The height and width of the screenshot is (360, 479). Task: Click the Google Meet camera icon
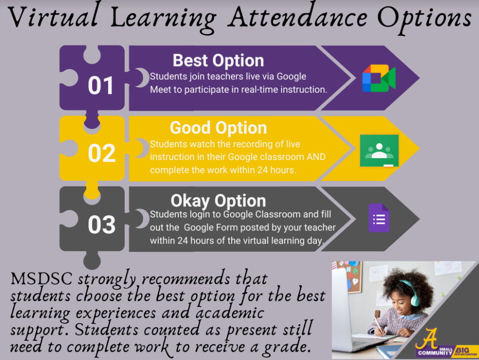pyautogui.click(x=379, y=78)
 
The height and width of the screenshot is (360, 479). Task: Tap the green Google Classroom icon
pyautogui.click(x=380, y=151)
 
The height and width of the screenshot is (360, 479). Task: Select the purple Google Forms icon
pyautogui.click(x=379, y=218)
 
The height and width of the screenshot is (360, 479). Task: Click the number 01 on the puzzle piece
pyautogui.click(x=100, y=85)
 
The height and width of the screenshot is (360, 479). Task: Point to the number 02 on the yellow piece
pyautogui.click(x=102, y=153)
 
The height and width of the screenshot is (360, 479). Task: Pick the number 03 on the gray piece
pyautogui.click(x=102, y=225)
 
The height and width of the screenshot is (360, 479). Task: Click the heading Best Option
pyautogui.click(x=218, y=60)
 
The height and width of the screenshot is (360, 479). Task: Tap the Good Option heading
pyautogui.click(x=218, y=128)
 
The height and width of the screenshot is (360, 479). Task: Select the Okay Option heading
pyautogui.click(x=218, y=201)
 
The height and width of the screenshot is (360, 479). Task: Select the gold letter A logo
pyautogui.click(x=427, y=338)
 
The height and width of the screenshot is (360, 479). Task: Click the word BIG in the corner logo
pyautogui.click(x=462, y=350)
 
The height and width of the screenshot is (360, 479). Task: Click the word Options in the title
pyautogui.click(x=424, y=18)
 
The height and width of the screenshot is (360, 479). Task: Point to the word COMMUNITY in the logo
pyautogui.click(x=435, y=353)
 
